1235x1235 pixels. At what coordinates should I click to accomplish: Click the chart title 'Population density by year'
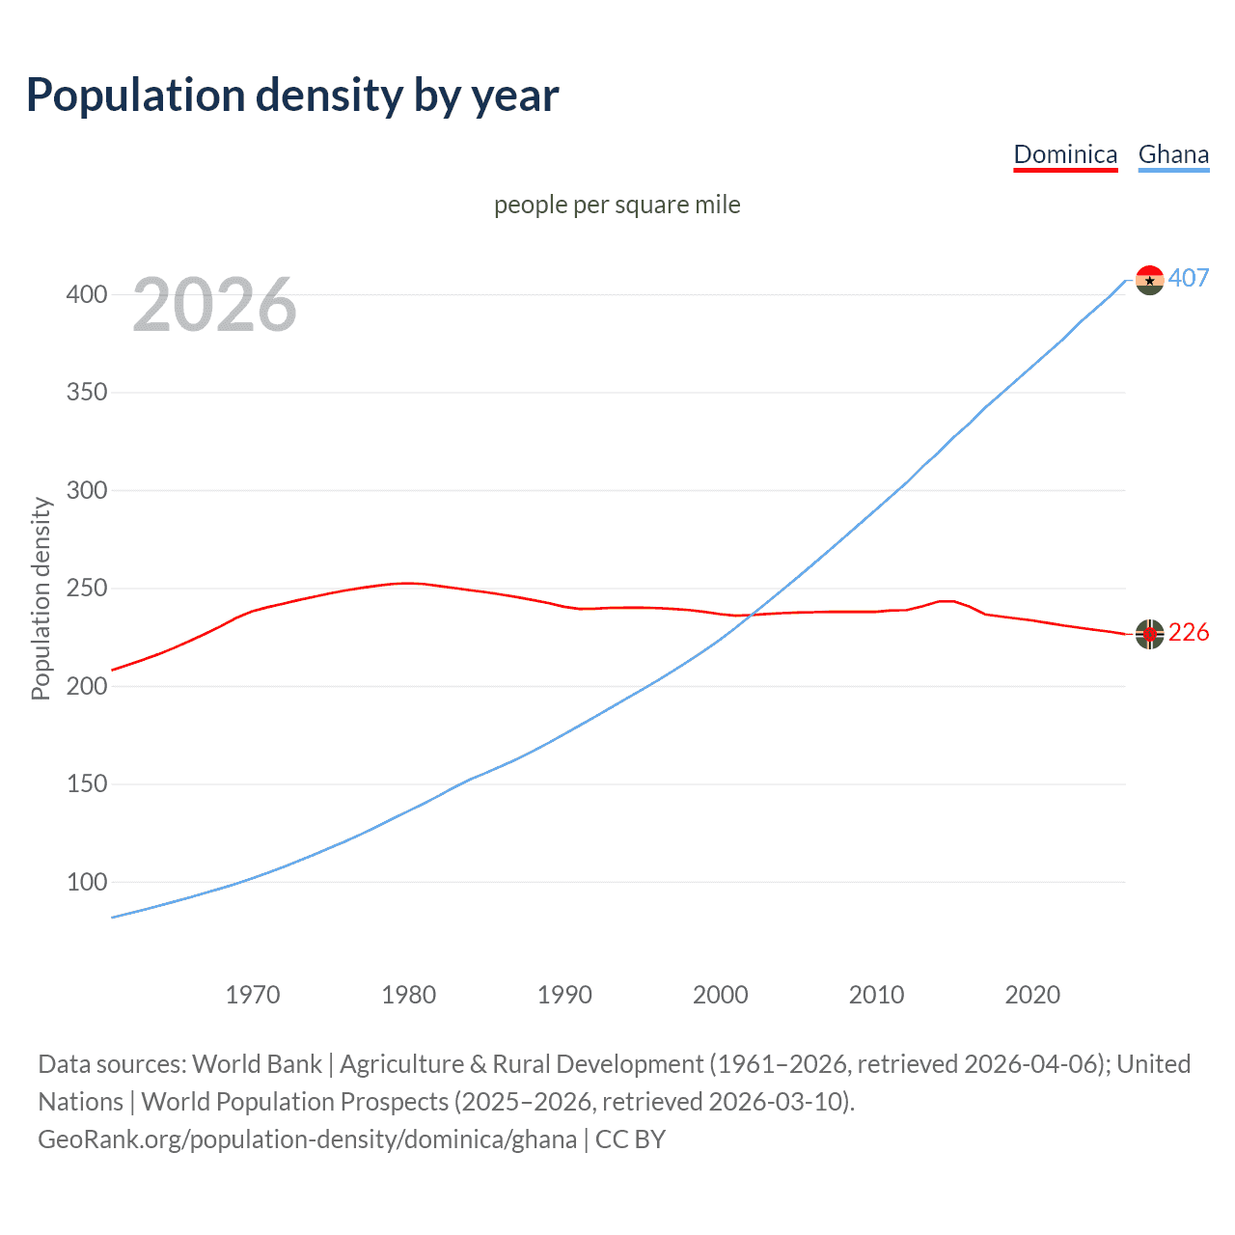(292, 96)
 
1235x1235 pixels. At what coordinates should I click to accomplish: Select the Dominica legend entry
(1065, 154)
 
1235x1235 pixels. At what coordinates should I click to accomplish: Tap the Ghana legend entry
(1173, 154)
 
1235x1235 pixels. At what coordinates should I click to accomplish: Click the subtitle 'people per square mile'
(617, 205)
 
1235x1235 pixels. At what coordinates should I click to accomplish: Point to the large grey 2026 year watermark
(214, 305)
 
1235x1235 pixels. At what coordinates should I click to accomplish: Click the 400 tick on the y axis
(87, 294)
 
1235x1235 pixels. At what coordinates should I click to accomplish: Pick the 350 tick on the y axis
(87, 393)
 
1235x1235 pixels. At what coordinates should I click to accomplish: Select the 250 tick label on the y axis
(87, 589)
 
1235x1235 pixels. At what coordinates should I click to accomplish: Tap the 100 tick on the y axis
(87, 882)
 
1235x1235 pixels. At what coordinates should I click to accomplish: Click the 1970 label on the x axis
(253, 995)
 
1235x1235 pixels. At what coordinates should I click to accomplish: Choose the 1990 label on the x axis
(564, 995)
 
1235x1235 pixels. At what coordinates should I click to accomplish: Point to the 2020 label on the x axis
(1032, 995)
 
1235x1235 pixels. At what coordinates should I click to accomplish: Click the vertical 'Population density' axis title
(41, 598)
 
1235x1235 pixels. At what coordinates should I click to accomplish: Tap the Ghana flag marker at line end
(1149, 280)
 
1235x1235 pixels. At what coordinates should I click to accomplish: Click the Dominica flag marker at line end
(1149, 634)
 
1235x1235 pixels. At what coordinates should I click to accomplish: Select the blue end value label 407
(1189, 278)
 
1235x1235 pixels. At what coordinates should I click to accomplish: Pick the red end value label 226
(1189, 632)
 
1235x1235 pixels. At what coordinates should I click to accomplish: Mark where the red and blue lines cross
(751, 615)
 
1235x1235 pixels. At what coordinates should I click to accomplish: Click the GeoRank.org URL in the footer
(307, 1139)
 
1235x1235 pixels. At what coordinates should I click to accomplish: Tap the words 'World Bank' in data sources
(257, 1064)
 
